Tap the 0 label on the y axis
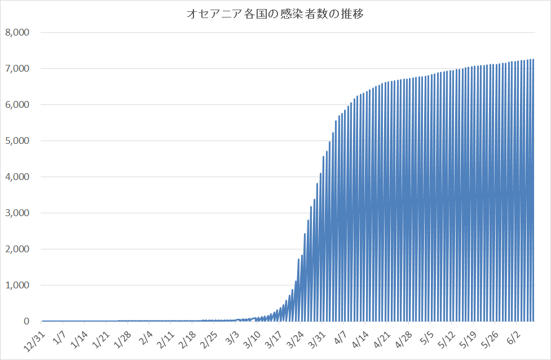pos(26,321)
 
